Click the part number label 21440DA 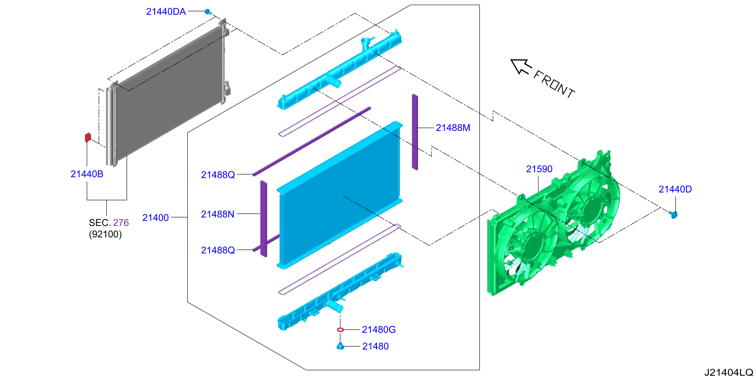(x=166, y=11)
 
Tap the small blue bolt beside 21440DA (x=208, y=12)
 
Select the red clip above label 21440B (x=88, y=137)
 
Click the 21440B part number (x=87, y=174)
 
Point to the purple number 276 (x=121, y=223)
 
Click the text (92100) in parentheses (x=105, y=234)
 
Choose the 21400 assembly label (x=156, y=218)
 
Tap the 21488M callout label (x=453, y=128)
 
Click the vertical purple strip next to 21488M (x=415, y=132)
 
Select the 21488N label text (x=218, y=214)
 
